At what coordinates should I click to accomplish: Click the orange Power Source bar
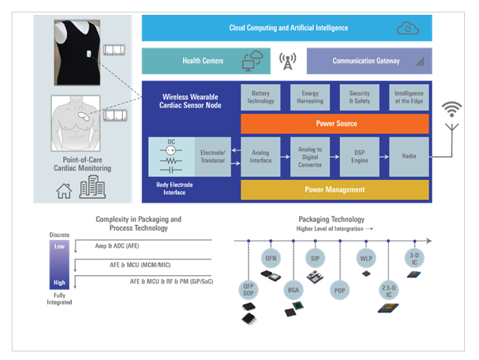coord(335,123)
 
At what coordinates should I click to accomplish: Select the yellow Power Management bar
coord(335,189)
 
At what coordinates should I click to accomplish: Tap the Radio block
coord(409,157)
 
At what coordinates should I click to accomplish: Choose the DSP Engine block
coord(359,157)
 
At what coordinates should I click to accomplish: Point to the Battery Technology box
coord(261,97)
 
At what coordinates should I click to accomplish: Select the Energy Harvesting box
coord(309,97)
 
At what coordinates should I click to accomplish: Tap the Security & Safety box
coord(359,97)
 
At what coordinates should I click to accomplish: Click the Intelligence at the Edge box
coord(409,97)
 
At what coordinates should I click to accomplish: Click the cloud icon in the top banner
coord(408,28)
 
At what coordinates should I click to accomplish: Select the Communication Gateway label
coord(366,61)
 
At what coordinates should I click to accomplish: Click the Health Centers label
coord(202,61)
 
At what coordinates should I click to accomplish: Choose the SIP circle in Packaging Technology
coord(315,257)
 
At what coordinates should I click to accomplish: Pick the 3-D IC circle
coord(414,257)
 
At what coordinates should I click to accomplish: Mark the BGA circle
coord(293,290)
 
